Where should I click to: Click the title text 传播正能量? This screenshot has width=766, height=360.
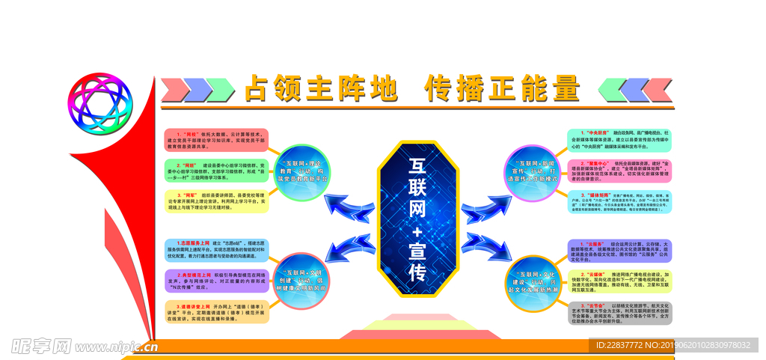click(x=502, y=89)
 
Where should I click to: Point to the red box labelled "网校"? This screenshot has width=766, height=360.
click(x=216, y=139)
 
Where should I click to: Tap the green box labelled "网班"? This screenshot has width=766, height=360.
click(x=216, y=170)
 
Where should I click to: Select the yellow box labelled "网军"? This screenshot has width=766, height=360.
click(x=216, y=201)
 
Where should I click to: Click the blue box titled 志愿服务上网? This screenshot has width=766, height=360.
click(x=216, y=251)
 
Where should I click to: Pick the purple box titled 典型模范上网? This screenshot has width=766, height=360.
click(x=216, y=281)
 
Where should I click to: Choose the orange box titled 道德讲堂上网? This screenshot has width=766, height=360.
click(x=216, y=311)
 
